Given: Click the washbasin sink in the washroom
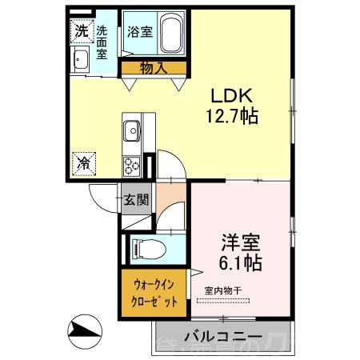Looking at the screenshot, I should pyautogui.click(x=81, y=59).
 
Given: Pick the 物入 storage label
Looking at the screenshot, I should pyautogui.click(x=154, y=69).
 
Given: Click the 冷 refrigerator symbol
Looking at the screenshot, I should pyautogui.click(x=83, y=162).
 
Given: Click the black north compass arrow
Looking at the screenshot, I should pyautogui.click(x=86, y=330).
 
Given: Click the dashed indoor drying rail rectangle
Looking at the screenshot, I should pyautogui.click(x=224, y=301).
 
